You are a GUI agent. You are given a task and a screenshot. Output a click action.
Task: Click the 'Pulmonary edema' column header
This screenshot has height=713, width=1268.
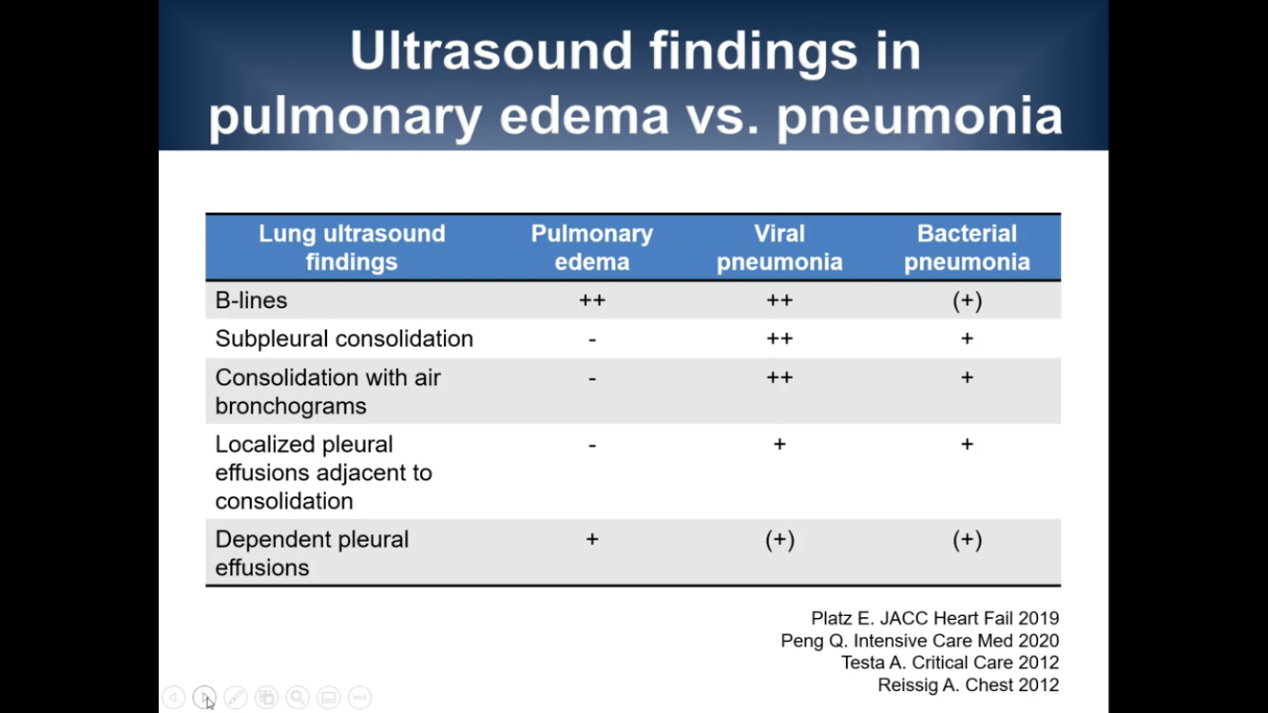pyautogui.click(x=591, y=247)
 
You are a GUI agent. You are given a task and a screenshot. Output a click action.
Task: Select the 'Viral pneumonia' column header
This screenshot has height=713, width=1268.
pyautogui.click(x=779, y=247)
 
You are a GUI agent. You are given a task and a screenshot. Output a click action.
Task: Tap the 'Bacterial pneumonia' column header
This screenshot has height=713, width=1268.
pyautogui.click(x=967, y=247)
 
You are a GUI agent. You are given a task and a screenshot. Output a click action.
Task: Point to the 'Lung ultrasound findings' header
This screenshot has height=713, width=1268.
pyautogui.click(x=352, y=247)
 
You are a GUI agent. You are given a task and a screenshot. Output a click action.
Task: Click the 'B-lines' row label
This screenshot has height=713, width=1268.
pyautogui.click(x=251, y=300)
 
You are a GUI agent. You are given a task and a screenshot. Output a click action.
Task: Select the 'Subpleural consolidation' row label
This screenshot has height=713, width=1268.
pyautogui.click(x=344, y=338)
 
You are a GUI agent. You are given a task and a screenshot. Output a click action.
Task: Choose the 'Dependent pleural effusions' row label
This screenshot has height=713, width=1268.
pyautogui.click(x=312, y=553)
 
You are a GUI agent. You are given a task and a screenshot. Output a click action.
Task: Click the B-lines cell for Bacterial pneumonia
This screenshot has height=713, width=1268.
pyautogui.click(x=967, y=300)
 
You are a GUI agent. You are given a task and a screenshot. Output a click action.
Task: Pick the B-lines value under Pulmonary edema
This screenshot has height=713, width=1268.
pyautogui.click(x=592, y=299)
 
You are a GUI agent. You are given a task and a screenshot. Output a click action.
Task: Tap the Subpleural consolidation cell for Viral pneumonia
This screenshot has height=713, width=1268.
pyautogui.click(x=779, y=338)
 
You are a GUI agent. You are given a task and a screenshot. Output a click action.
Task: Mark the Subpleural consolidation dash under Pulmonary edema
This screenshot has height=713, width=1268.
pyautogui.click(x=592, y=339)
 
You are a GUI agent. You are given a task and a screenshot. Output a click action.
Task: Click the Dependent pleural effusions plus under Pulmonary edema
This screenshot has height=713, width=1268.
pyautogui.click(x=592, y=539)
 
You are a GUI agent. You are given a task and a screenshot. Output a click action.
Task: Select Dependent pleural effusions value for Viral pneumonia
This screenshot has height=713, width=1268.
pyautogui.click(x=779, y=540)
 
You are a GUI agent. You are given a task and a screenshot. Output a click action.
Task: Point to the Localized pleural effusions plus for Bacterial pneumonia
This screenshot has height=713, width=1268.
pyautogui.click(x=967, y=443)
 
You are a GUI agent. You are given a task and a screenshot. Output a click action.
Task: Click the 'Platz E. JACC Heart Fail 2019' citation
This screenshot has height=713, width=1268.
pyautogui.click(x=934, y=618)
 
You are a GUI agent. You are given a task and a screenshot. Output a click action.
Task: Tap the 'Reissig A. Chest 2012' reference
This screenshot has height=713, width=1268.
pyautogui.click(x=968, y=684)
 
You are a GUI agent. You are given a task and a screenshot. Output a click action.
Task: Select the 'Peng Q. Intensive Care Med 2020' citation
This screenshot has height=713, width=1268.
pyautogui.click(x=920, y=641)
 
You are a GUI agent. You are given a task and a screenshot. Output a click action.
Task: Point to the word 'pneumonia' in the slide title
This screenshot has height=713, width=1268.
pyautogui.click(x=919, y=117)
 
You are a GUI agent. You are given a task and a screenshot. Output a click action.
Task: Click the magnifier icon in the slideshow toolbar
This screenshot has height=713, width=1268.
pyautogui.click(x=298, y=697)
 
